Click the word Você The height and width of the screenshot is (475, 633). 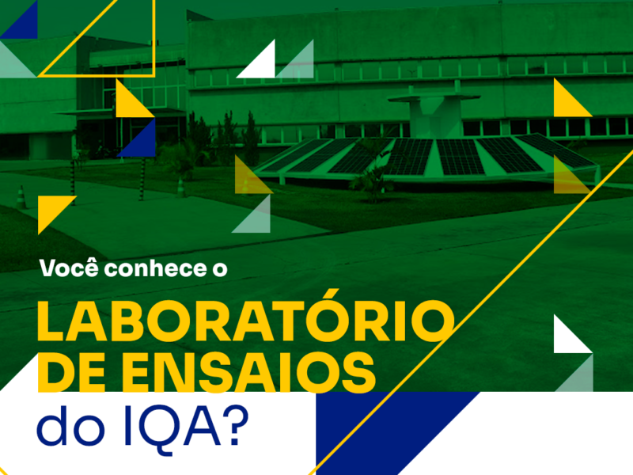[69, 268]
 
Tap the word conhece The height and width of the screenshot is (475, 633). [155, 268]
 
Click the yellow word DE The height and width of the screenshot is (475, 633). [78, 372]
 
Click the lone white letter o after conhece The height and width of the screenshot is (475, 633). [220, 270]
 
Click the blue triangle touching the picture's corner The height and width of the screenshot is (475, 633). [24, 25]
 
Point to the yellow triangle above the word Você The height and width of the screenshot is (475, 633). [51, 209]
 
